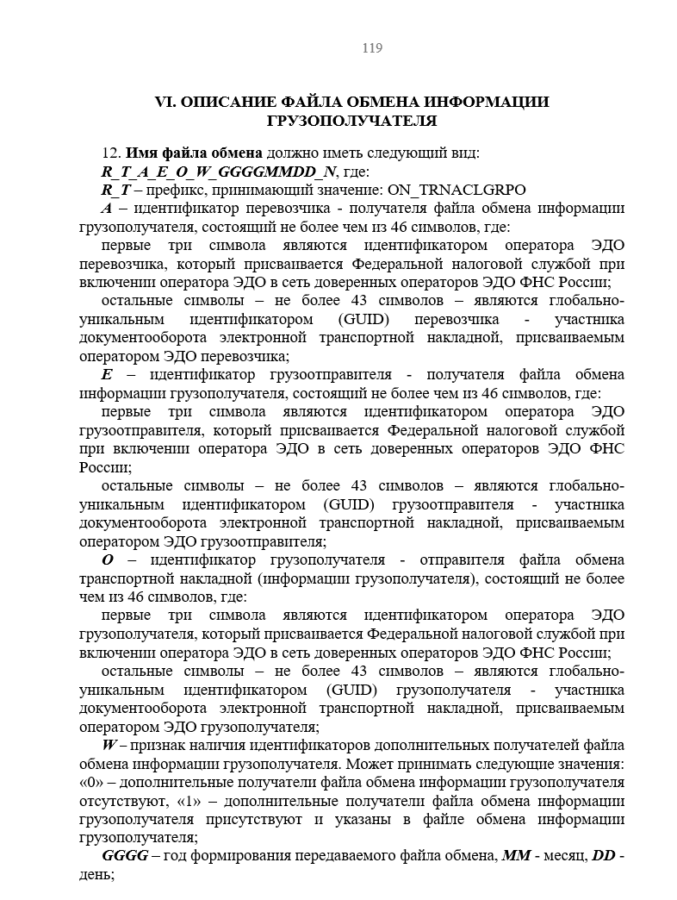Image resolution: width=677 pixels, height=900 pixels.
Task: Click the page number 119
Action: tap(372, 48)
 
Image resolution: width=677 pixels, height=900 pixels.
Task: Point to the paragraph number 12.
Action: tap(110, 153)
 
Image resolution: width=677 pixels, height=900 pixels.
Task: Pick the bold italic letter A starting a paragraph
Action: tap(106, 208)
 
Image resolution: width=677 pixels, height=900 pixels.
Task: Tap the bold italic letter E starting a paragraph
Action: tap(107, 375)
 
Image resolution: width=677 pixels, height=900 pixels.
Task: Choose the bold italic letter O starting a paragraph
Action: tap(108, 560)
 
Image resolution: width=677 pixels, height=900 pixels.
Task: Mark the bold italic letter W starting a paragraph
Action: tap(110, 745)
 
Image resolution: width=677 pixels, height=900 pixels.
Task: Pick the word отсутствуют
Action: tap(120, 801)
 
